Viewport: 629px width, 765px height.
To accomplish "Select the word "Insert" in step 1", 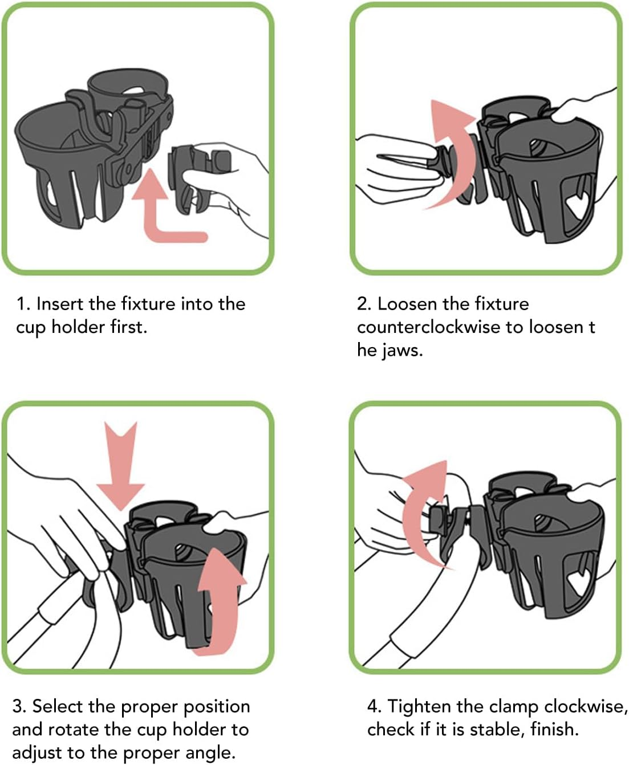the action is pos(60,304).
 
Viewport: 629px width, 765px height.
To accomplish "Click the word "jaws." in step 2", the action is pos(402,351).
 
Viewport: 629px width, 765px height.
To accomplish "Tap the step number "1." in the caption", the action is pos(23,304).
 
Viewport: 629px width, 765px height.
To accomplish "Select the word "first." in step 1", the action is pos(129,327).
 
